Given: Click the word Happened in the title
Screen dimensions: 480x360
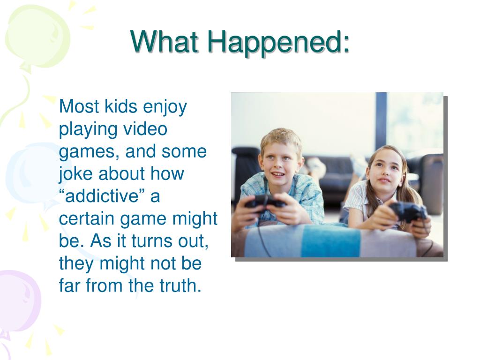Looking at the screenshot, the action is pyautogui.click(x=274, y=43).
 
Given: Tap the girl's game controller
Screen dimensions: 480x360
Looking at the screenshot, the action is pyautogui.click(x=408, y=211).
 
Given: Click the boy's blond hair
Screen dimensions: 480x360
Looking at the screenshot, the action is pyautogui.click(x=281, y=139).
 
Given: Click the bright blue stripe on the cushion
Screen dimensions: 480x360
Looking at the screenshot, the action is pyautogui.click(x=330, y=241).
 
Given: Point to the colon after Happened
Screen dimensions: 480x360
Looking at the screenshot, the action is pyautogui.click(x=345, y=45).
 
